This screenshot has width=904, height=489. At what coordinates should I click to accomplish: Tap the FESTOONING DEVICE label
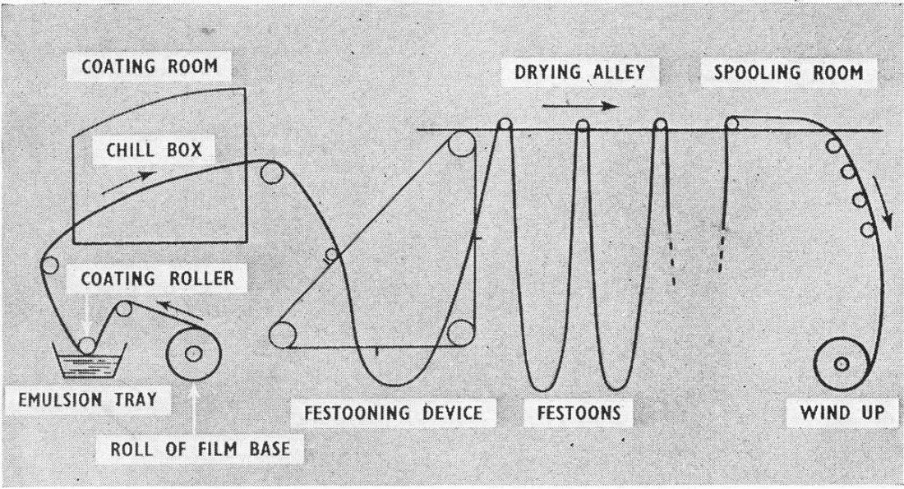(393, 413)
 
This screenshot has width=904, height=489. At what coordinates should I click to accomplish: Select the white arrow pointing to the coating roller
(89, 313)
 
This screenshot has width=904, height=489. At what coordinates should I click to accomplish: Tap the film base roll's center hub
(194, 354)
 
